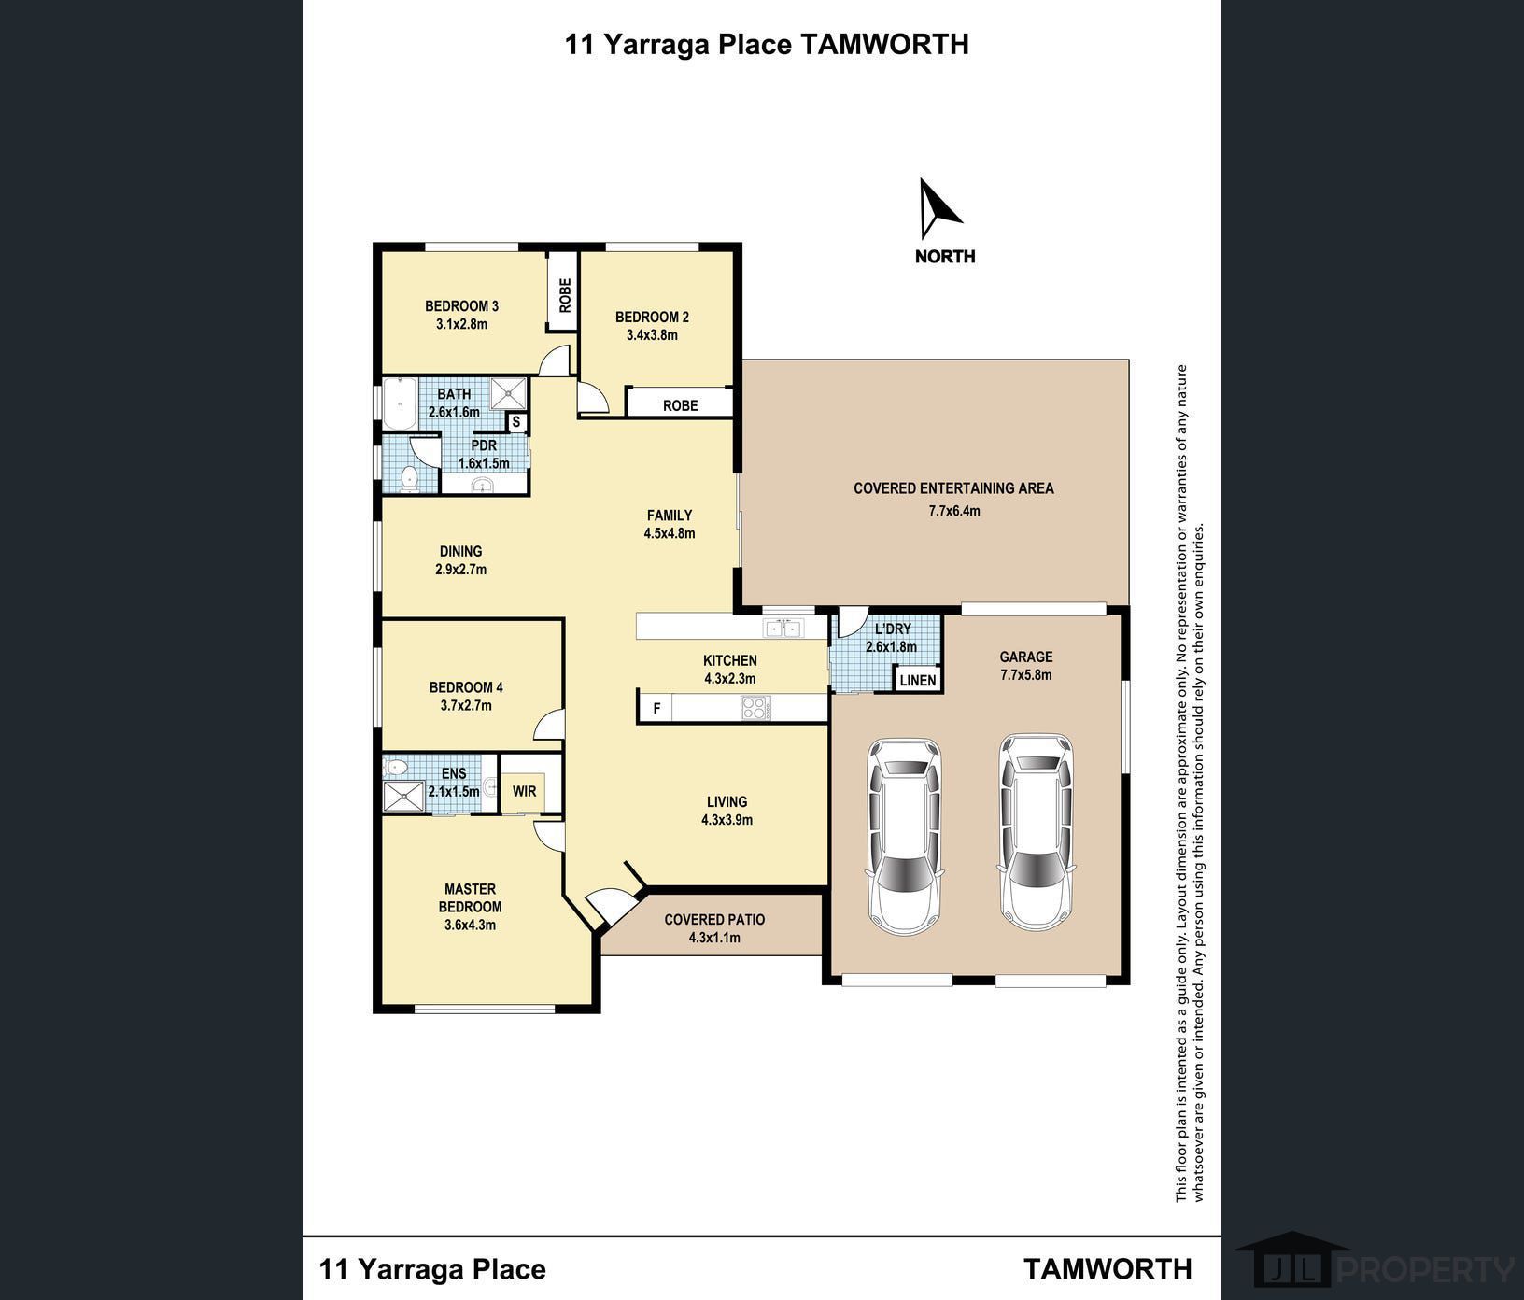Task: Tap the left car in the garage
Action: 903,836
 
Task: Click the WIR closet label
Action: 524,791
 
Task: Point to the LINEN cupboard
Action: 918,680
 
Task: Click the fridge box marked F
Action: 656,708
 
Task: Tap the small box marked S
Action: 516,422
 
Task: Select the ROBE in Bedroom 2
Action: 680,404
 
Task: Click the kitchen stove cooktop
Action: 755,708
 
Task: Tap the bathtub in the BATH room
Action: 400,403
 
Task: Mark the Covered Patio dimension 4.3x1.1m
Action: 714,937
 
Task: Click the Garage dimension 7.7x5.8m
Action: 1026,674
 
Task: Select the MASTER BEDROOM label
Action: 471,897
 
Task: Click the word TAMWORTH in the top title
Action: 883,44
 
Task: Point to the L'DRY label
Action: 892,629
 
